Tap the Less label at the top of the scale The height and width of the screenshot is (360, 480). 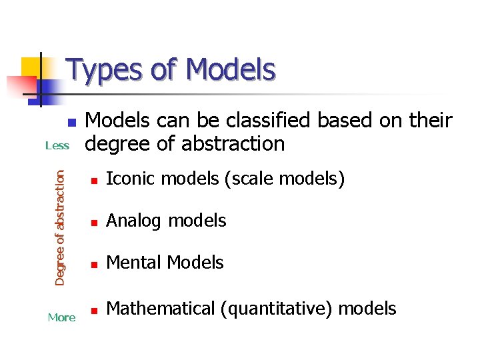(x=57, y=146)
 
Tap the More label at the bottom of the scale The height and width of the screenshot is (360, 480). (x=61, y=318)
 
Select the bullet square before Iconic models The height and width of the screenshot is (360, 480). (x=95, y=181)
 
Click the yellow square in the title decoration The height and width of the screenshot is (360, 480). (x=31, y=67)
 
